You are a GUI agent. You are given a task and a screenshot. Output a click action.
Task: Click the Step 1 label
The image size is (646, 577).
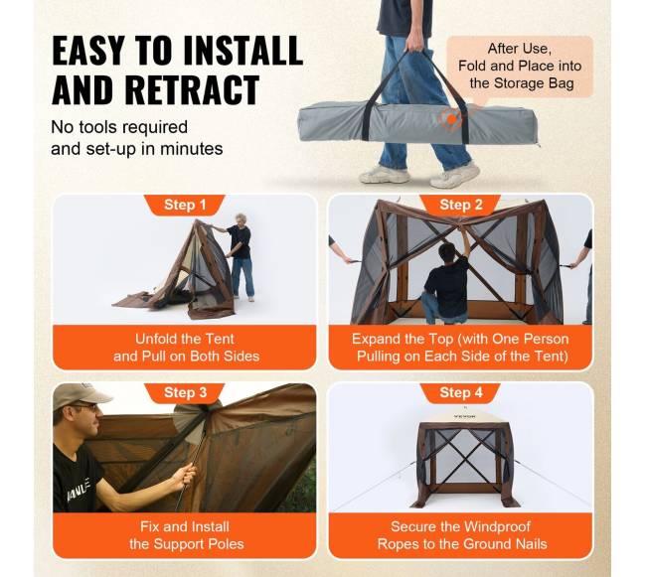tap(185, 205)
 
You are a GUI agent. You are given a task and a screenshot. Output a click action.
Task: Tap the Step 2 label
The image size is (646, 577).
tap(460, 205)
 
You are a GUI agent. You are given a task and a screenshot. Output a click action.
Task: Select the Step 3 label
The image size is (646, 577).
tap(185, 392)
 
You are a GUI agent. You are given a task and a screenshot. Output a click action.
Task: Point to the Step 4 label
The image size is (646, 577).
tap(460, 392)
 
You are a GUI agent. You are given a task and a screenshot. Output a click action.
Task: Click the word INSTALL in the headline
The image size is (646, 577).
tap(243, 51)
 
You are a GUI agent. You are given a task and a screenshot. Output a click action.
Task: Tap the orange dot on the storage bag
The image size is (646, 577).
tap(452, 119)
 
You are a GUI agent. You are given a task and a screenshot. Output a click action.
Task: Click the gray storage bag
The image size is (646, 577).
tap(416, 123)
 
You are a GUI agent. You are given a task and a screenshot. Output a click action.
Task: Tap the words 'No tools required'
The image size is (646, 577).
tap(119, 127)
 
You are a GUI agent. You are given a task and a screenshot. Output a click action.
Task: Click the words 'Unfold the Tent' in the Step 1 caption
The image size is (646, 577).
tap(185, 339)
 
